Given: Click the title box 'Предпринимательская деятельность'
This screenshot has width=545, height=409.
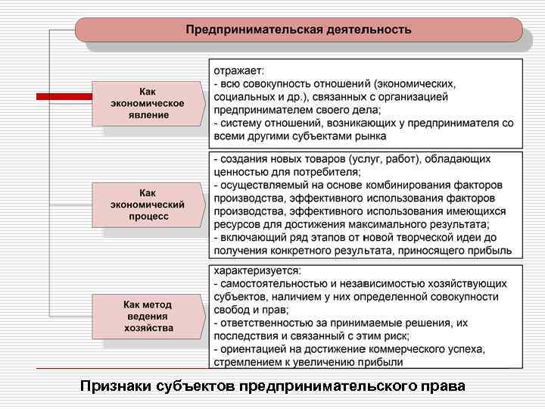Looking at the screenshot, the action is point(298,30).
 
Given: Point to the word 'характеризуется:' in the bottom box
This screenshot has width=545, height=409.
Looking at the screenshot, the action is point(257,270).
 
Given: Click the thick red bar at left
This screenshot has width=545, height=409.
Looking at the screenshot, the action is point(64,97).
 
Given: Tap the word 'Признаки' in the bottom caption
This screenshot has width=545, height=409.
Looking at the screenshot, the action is point(114,387).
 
